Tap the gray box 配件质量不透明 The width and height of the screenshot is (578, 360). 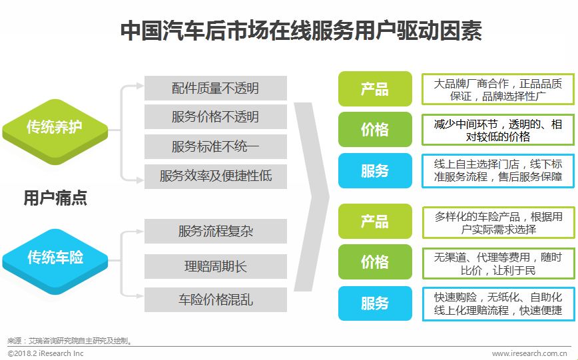(x=215, y=88)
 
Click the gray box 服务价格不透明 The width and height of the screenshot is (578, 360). (x=215, y=117)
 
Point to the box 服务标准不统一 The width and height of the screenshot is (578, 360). (x=215, y=146)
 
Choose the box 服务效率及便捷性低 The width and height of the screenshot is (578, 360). (x=215, y=176)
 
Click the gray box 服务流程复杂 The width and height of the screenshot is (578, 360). (x=215, y=231)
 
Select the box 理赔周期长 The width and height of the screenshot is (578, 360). (x=215, y=266)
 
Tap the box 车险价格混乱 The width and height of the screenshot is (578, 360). (x=215, y=299)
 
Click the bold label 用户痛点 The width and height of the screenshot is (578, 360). (x=55, y=198)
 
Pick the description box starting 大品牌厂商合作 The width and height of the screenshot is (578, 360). (x=497, y=89)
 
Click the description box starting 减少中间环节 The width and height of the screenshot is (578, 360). (x=497, y=130)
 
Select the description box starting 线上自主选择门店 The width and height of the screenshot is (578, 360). (x=497, y=170)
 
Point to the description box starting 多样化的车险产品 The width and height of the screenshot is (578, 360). (x=497, y=222)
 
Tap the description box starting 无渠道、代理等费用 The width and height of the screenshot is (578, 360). (x=497, y=263)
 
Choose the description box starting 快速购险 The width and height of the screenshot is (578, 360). (x=497, y=303)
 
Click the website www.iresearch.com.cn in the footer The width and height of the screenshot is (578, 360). (x=529, y=353)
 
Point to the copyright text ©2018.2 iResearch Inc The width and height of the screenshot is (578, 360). (x=46, y=353)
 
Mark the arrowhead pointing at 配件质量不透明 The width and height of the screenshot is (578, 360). (x=140, y=86)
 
